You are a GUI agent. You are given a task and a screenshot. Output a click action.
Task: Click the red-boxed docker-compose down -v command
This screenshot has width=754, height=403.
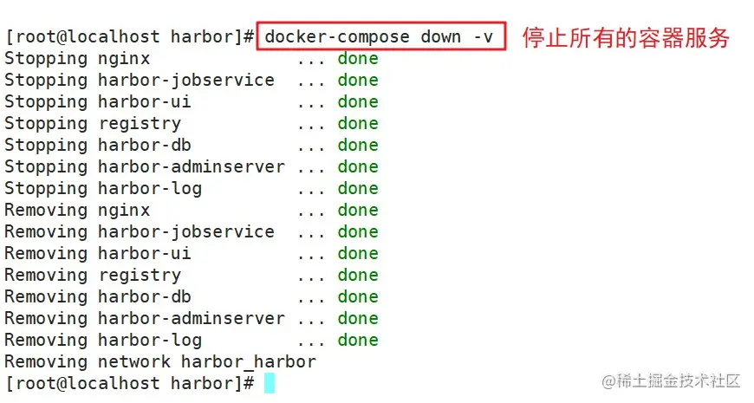coord(380,37)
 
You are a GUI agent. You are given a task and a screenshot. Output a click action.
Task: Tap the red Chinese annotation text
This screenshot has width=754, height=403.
coord(626,38)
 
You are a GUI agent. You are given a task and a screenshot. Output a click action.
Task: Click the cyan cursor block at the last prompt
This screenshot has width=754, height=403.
coord(270,383)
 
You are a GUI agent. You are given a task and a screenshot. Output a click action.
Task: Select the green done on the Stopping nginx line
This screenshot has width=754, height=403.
coord(358,59)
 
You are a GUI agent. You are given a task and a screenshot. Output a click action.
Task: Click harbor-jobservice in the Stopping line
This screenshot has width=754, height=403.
coord(185,81)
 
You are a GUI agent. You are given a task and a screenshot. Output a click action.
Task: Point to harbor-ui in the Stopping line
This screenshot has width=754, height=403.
coord(144,102)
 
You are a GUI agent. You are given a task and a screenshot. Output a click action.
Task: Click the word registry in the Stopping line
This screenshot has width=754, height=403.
coord(139,124)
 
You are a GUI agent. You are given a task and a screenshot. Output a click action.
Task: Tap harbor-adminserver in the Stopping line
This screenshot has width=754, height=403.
coord(191,167)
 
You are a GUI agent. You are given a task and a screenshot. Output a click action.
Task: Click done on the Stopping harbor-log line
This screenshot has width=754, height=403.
coord(358,189)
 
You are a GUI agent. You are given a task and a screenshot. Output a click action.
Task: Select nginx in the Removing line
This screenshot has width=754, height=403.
coord(123,211)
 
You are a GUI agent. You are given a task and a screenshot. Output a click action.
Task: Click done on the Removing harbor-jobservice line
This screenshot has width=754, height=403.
coord(358,232)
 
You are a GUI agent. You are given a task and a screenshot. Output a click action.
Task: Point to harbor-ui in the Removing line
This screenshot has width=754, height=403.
coord(144,254)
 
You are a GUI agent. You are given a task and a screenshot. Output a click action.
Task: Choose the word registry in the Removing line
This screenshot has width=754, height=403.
coord(139,276)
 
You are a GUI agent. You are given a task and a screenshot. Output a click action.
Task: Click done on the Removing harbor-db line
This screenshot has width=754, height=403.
coord(358,297)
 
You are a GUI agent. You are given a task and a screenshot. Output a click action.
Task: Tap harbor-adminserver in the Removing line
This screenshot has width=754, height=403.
coord(191,319)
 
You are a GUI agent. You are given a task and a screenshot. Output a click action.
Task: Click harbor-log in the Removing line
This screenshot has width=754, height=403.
coord(149,341)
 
